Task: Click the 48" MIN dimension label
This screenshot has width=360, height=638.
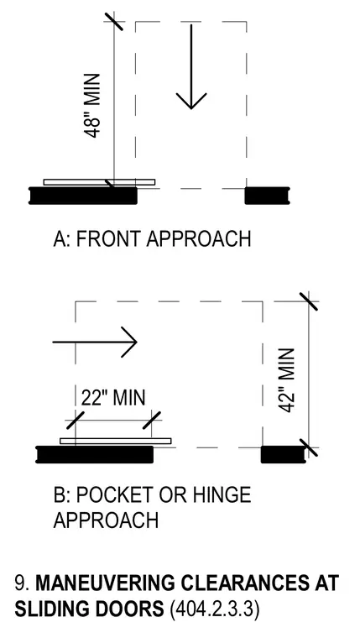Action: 93,106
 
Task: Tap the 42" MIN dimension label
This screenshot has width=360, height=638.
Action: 287,380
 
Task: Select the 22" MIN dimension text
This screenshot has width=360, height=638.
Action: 113,398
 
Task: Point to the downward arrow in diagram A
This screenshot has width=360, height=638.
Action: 191,66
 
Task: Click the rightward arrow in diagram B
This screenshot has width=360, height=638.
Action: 95,343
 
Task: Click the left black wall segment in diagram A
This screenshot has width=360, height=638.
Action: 83,196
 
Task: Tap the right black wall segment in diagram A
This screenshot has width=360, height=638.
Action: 267,196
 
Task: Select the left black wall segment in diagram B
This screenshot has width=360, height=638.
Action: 95,454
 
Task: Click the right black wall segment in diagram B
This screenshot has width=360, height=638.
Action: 283,454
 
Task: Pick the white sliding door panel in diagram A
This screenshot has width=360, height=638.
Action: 99,182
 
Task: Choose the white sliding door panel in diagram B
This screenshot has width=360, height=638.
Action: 116,441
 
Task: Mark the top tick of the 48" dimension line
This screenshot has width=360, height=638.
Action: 114,21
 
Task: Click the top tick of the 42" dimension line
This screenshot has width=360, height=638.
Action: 309,301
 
